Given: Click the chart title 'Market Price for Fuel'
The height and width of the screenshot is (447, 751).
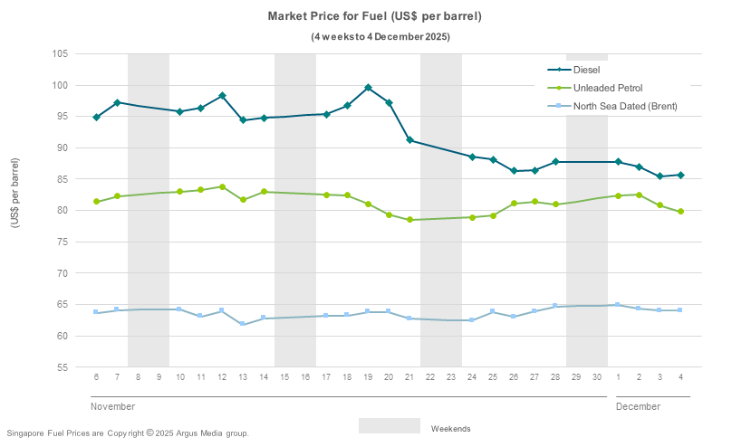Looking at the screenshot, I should click(374, 16).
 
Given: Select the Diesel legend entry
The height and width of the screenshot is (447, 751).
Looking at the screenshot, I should click(586, 70).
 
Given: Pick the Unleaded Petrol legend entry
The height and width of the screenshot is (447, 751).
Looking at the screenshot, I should click(607, 88).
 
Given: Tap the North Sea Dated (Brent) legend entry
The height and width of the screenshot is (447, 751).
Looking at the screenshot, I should click(624, 106).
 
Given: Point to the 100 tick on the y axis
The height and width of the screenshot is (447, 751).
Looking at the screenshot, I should click(61, 85).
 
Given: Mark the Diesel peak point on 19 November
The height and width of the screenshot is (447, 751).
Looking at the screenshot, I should click(368, 88).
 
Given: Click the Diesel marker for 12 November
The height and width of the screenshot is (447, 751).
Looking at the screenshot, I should click(222, 96).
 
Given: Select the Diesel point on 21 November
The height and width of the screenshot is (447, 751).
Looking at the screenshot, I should click(409, 140).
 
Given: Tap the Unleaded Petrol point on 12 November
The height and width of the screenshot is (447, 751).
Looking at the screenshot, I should click(222, 187).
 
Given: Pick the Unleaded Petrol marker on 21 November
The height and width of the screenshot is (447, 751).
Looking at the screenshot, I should click(409, 220).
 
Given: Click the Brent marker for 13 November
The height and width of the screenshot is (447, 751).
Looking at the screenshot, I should click(243, 324).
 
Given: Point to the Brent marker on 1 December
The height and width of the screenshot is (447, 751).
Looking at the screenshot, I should click(618, 305).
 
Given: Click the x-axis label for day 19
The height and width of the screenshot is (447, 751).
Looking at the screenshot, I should click(368, 376).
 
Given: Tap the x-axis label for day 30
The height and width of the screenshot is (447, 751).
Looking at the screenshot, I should click(597, 376).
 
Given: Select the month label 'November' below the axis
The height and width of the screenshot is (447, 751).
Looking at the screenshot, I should click(113, 406).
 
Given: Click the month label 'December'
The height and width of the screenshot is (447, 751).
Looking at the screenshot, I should click(638, 406).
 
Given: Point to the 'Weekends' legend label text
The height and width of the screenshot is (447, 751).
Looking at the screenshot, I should click(450, 428).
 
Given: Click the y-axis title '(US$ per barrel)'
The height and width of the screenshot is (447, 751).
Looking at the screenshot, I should click(14, 205).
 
